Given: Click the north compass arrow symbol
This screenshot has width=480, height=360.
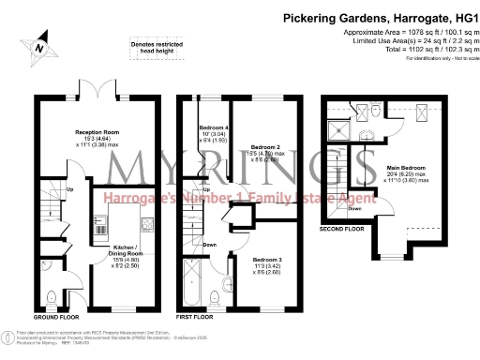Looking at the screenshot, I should click(x=38, y=45).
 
